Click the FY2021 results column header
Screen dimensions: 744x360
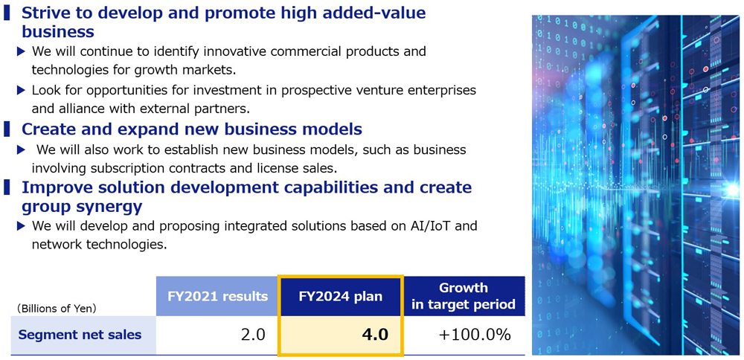click(217, 297)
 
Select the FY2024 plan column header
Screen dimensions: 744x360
click(341, 297)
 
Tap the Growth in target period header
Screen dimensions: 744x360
click(463, 296)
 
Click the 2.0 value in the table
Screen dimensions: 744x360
click(253, 335)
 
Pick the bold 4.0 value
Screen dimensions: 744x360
click(375, 335)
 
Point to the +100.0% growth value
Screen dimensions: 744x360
click(475, 335)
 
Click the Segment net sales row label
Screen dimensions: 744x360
click(80, 335)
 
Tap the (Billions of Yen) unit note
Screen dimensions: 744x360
click(57, 308)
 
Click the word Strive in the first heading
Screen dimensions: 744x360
click(45, 13)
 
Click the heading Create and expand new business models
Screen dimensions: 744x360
click(192, 129)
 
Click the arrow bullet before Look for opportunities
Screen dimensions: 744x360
click(21, 90)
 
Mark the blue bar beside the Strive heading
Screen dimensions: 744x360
click(7, 13)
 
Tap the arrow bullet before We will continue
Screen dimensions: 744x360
click(21, 51)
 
